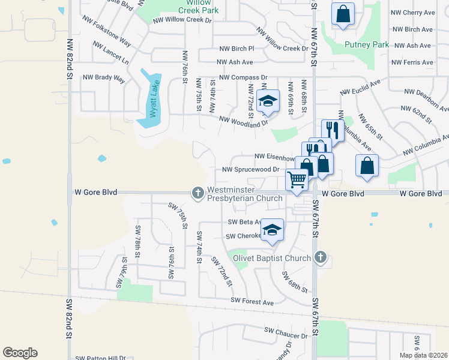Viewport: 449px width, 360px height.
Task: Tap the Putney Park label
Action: pyautogui.click(x=367, y=44)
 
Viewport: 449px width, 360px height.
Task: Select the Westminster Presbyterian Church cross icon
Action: pyautogui.click(x=197, y=193)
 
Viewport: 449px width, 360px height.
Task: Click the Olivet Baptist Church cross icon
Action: pyautogui.click(x=321, y=258)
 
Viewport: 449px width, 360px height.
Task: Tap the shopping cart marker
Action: pyautogui.click(x=297, y=179)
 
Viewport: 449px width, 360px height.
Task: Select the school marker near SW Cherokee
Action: pyautogui.click(x=273, y=230)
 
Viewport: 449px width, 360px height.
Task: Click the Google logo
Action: pyautogui.click(x=20, y=353)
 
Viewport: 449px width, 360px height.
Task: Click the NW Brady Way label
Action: pyautogui.click(x=104, y=77)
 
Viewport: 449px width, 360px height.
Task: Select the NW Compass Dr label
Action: pyautogui.click(x=243, y=77)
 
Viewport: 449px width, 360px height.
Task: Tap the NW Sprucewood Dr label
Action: pyautogui.click(x=251, y=169)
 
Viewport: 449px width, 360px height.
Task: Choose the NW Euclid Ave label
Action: pyautogui.click(x=360, y=88)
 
